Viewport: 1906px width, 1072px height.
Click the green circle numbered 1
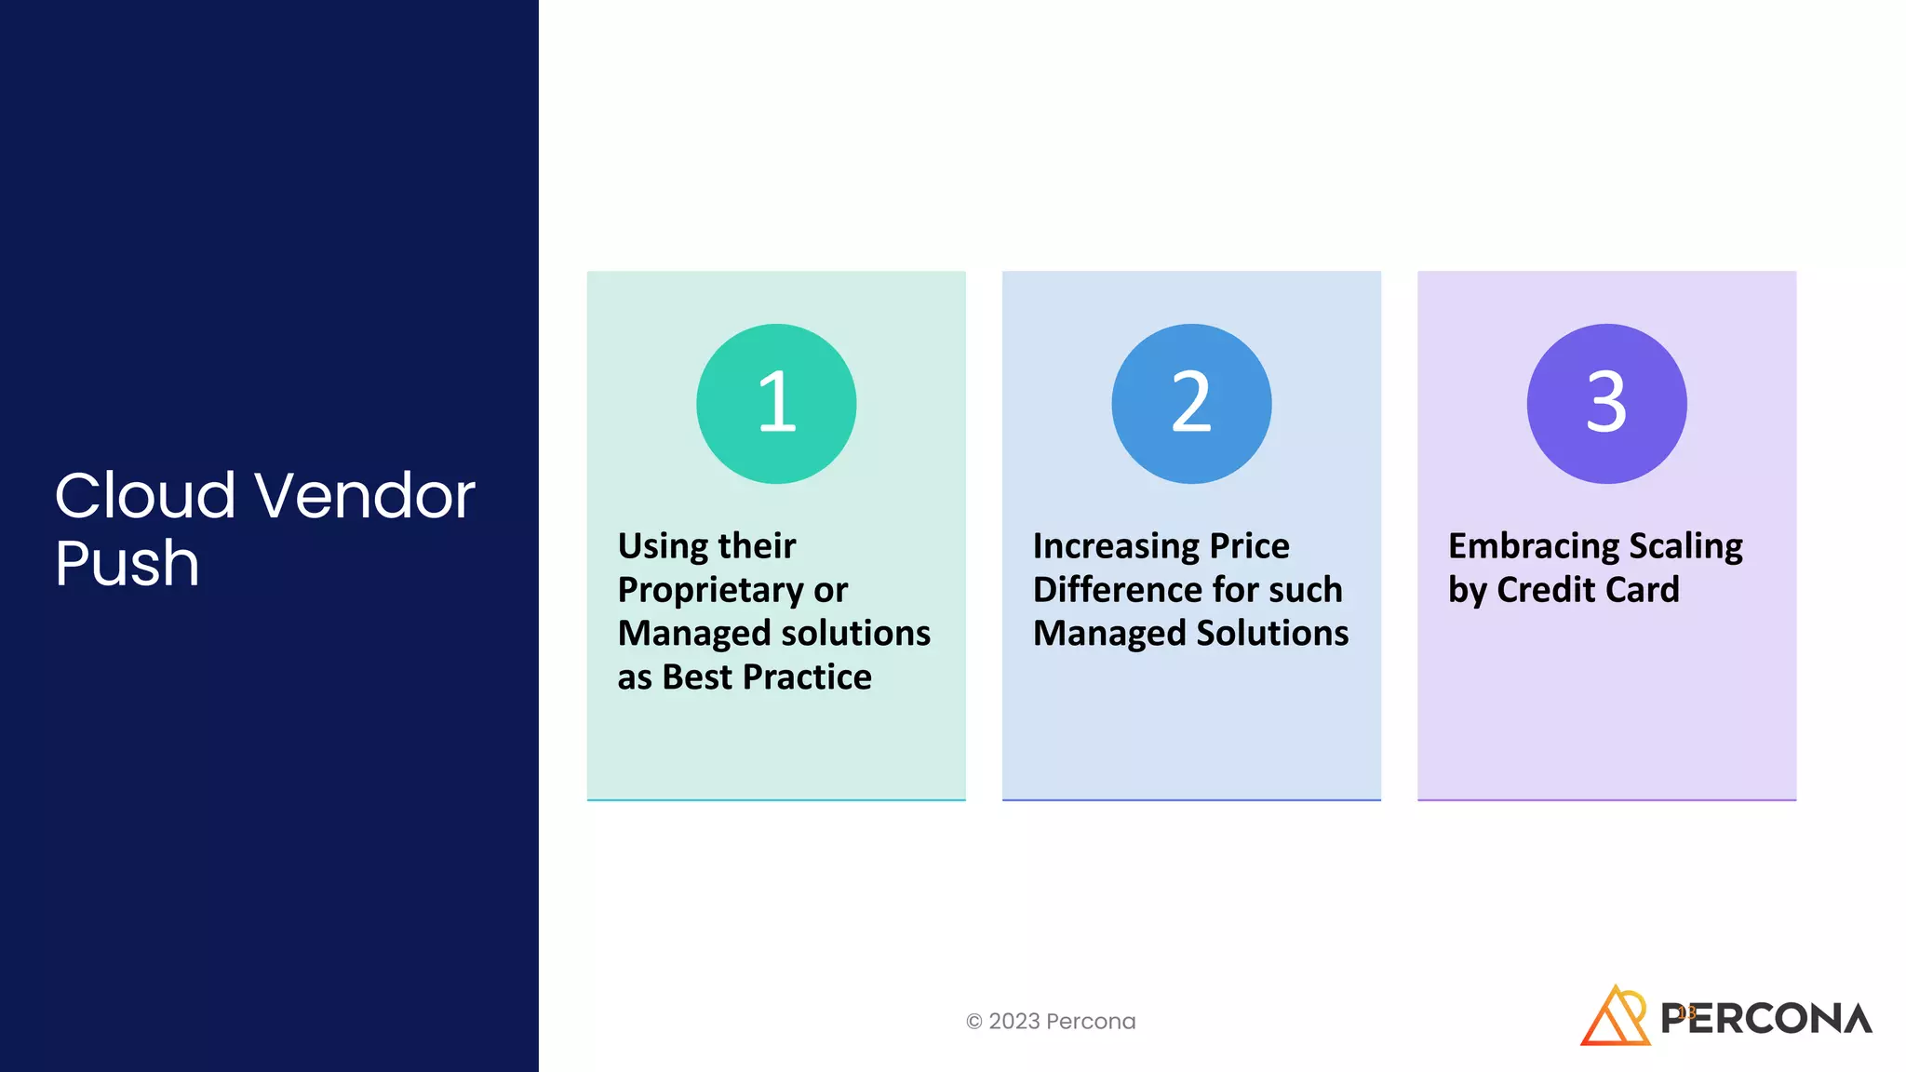click(776, 403)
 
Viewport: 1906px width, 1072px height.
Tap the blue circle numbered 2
click(1191, 403)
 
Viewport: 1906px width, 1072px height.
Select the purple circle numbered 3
click(1606, 403)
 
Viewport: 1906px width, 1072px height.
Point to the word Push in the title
click(127, 563)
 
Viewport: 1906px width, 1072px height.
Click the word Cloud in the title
click(145, 495)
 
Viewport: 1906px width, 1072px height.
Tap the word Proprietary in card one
click(710, 590)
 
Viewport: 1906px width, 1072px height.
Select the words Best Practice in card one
click(767, 677)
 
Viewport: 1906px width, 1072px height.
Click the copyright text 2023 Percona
click(1051, 1021)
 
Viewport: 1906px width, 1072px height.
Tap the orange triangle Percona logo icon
click(1615, 1017)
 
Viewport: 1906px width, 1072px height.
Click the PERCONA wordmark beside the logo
click(1766, 1019)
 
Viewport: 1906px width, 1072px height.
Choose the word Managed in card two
click(1108, 634)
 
